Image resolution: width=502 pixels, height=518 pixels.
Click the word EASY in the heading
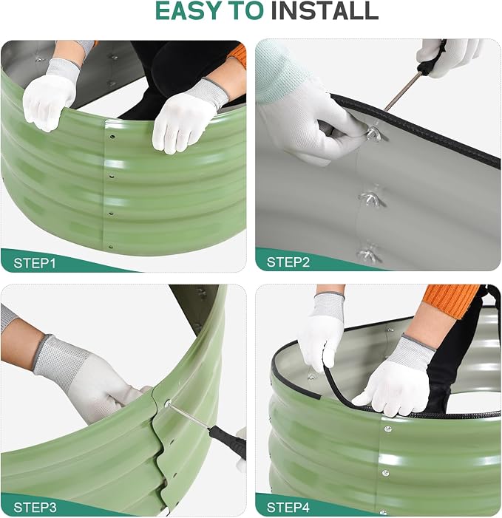click(x=188, y=11)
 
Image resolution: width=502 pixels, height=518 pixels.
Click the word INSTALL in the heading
click(x=325, y=11)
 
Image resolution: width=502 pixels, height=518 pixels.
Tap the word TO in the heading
click(x=245, y=11)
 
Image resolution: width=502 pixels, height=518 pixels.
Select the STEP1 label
click(x=35, y=263)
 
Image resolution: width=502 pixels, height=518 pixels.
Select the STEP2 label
click(x=288, y=262)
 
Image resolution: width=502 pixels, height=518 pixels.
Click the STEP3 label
click(x=35, y=507)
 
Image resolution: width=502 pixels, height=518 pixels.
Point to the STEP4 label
click(x=288, y=507)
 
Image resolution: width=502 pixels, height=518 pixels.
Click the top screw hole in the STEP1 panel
click(x=112, y=137)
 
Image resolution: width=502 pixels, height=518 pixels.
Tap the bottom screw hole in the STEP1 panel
click(x=111, y=247)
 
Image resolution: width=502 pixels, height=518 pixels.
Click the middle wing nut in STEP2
click(x=370, y=197)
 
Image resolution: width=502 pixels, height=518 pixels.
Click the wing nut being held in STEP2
click(x=374, y=133)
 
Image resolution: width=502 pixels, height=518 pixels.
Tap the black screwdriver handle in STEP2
click(x=431, y=58)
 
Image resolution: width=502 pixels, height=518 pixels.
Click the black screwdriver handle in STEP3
click(x=228, y=440)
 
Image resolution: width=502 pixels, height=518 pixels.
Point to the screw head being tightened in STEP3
click(x=168, y=403)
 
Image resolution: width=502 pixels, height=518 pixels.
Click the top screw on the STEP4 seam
click(x=387, y=429)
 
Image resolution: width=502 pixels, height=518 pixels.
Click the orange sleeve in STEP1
click(x=237, y=55)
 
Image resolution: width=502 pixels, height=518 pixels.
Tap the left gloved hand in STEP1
click(x=50, y=95)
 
